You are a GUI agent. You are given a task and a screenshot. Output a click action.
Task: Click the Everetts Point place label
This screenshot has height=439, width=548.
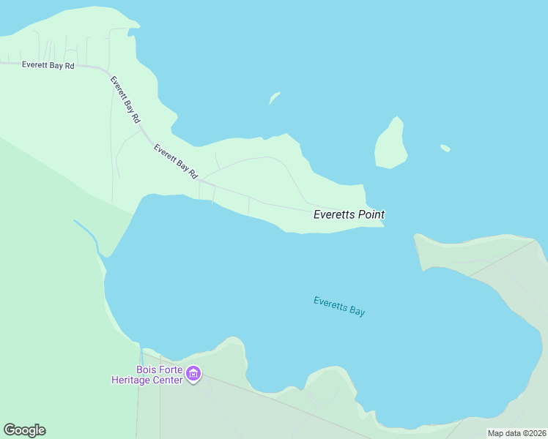pos(349,214)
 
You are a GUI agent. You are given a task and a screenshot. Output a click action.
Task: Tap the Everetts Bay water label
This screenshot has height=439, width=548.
pos(338,306)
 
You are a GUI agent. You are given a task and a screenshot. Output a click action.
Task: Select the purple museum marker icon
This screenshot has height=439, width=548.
pos(193,375)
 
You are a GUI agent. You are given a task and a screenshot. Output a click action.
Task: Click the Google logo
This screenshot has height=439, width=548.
pos(24,430)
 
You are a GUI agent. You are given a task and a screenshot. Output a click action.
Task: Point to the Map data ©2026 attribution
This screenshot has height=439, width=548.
pos(517,433)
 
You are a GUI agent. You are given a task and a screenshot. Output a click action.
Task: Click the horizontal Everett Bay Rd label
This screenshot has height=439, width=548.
pos(48,65)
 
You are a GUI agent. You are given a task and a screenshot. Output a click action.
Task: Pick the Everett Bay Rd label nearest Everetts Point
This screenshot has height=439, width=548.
pos(176,161)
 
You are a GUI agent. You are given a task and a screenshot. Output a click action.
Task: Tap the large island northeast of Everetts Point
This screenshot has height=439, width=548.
pos(390,144)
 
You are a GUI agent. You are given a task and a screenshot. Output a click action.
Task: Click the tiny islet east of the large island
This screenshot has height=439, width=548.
pos(445,148)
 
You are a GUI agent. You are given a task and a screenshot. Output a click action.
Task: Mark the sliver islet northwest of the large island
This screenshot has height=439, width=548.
pos(275,97)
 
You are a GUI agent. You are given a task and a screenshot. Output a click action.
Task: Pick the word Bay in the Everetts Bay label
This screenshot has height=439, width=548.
pos(356,311)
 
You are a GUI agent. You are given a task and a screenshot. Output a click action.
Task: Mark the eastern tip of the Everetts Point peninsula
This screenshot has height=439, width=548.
pos(382,225)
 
